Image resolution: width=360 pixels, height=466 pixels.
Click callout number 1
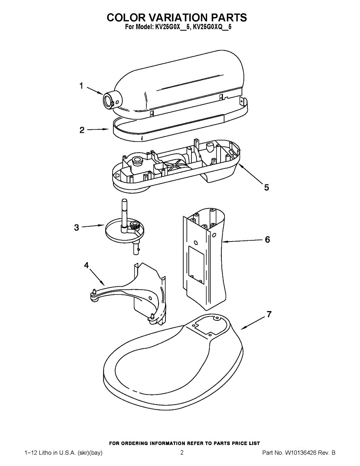pyautogui.click(x=82, y=86)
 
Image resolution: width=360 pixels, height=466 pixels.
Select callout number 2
pyautogui.click(x=82, y=130)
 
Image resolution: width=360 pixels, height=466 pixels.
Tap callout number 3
pyautogui.click(x=77, y=228)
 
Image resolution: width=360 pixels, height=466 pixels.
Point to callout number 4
pyautogui.click(x=86, y=265)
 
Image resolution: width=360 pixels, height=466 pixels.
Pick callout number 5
pyautogui.click(x=266, y=188)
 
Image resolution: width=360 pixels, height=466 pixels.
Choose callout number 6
pyautogui.click(x=267, y=240)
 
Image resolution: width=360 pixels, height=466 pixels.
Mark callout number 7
pyautogui.click(x=269, y=314)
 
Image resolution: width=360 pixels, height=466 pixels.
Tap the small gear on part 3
pyautogui.click(x=135, y=226)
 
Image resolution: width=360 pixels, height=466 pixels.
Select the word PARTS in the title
pyautogui.click(x=229, y=17)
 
